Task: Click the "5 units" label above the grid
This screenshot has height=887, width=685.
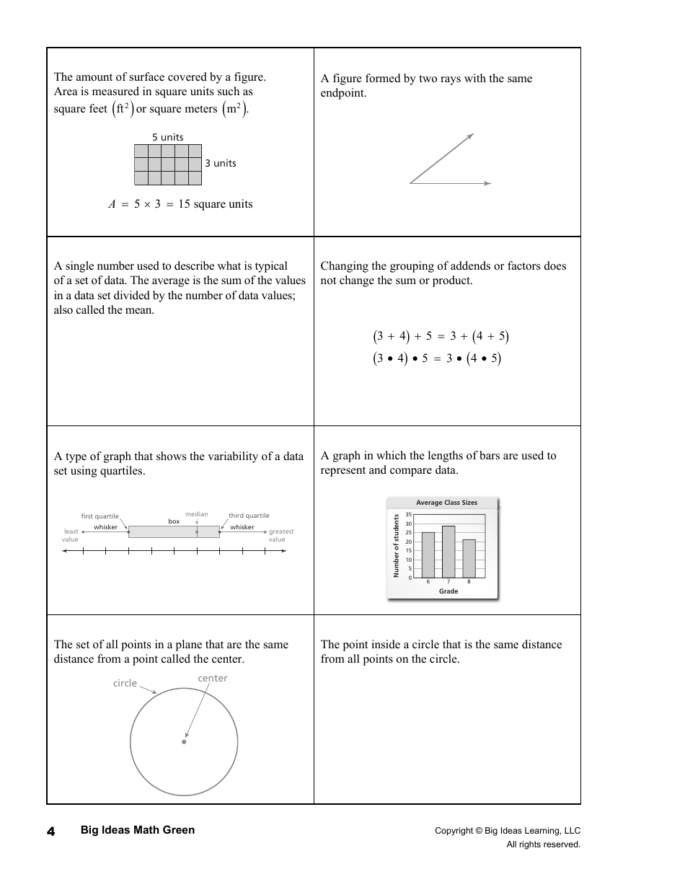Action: (167, 137)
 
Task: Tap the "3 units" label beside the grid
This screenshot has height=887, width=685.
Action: (220, 163)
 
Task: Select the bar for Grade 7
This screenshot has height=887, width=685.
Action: (448, 552)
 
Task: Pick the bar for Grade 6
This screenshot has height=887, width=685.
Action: (428, 555)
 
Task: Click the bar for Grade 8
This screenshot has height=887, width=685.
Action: (469, 558)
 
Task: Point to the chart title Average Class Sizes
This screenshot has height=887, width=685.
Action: (446, 503)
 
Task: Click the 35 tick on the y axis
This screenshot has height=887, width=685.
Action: (409, 515)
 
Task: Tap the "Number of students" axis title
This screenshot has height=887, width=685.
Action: (396, 545)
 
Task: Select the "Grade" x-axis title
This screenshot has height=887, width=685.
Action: (448, 591)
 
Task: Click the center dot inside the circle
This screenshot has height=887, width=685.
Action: (184, 741)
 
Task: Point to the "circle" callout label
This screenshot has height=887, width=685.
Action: (125, 683)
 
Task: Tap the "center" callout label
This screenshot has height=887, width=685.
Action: (212, 678)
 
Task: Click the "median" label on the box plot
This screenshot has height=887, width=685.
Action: (196, 514)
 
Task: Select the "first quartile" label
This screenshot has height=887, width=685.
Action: (100, 516)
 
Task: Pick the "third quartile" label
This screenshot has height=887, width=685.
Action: (249, 516)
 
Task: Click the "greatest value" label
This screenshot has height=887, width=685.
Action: (280, 535)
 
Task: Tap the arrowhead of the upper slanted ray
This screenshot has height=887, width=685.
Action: (471, 136)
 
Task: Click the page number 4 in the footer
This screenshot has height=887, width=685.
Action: (50, 831)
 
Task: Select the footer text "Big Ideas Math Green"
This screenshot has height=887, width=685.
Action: (137, 830)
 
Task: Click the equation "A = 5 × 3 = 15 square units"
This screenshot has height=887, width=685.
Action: (180, 204)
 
